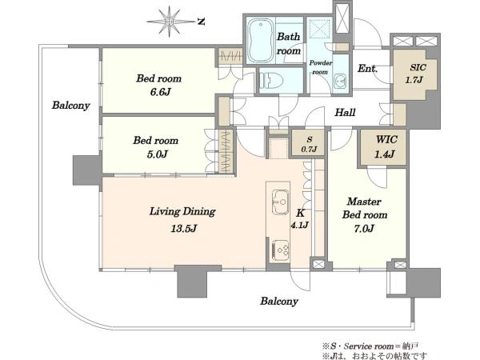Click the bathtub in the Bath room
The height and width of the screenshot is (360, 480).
point(261,40)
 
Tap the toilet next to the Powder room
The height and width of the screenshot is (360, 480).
point(272,80)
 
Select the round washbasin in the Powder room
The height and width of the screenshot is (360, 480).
point(340,81)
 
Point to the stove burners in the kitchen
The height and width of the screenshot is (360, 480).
point(280,250)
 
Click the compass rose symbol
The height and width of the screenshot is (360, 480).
point(170,22)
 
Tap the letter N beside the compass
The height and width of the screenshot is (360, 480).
point(201,22)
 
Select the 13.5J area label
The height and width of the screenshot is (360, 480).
point(184,228)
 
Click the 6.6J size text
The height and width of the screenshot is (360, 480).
point(160,91)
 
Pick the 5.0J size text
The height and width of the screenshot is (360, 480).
point(157,154)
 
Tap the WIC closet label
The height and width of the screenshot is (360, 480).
point(386,139)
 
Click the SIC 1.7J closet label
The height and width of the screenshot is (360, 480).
point(415,74)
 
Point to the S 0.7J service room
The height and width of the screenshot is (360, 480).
point(309,144)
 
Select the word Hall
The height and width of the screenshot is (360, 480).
point(345,113)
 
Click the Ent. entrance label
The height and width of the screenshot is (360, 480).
point(367,68)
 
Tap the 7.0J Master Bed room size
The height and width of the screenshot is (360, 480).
point(364,228)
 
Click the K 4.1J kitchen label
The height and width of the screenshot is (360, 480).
point(300,218)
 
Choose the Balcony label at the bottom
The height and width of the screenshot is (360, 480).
point(279,302)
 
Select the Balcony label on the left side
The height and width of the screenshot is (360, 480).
point(70,106)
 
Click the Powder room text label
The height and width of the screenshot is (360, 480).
point(321,67)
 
